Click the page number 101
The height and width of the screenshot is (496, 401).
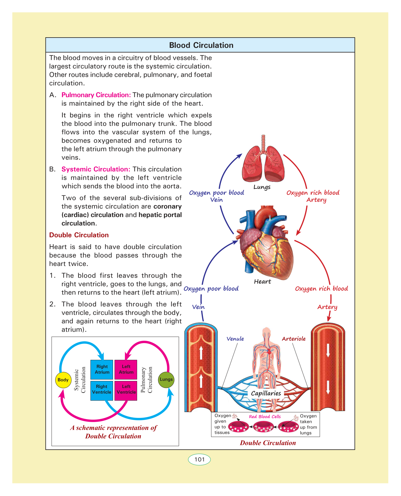click(x=199, y=459)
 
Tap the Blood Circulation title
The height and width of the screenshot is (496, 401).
click(x=201, y=45)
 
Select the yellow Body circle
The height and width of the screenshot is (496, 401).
click(x=63, y=380)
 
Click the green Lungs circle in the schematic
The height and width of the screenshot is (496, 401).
click(x=166, y=379)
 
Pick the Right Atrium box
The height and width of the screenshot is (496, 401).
click(x=102, y=370)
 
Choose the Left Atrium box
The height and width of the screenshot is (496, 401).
click(x=126, y=370)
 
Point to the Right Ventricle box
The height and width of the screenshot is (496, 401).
click(x=102, y=389)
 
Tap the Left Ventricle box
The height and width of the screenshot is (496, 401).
click(x=126, y=389)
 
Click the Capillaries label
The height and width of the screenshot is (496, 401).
click(x=266, y=393)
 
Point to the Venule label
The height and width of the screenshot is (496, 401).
click(x=235, y=339)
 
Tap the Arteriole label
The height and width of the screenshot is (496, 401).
click(x=294, y=339)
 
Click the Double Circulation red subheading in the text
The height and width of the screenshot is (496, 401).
click(x=79, y=235)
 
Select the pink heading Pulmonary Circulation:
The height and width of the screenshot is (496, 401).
click(x=96, y=95)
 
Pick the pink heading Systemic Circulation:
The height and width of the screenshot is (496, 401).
click(x=96, y=169)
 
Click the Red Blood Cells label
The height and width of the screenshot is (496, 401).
click(x=265, y=416)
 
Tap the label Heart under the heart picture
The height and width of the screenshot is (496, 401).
click(x=262, y=282)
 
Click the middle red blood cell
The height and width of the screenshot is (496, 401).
click(x=263, y=427)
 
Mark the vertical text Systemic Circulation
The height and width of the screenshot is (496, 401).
click(x=80, y=380)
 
